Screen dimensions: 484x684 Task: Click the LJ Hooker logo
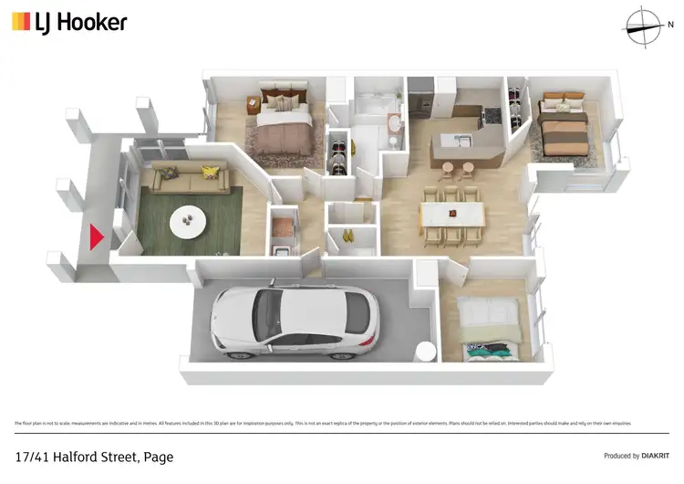click(x=69, y=23)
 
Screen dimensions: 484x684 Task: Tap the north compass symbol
click(x=645, y=25)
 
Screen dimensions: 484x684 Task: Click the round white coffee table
click(x=192, y=218)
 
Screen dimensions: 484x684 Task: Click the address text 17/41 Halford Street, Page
click(x=94, y=456)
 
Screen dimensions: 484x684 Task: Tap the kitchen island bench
click(x=461, y=144)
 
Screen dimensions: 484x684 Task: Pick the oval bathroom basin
click(x=393, y=125)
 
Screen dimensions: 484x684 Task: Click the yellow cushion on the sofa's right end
click(x=211, y=171)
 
